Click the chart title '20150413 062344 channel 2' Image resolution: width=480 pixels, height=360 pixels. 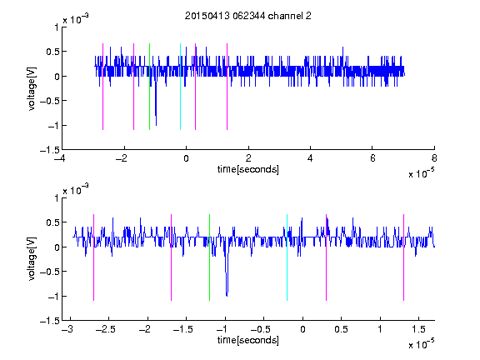tap(248, 16)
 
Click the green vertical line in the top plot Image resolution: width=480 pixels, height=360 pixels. tap(149, 87)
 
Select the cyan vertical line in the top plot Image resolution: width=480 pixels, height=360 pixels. tap(180, 87)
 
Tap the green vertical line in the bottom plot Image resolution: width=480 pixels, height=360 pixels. tap(209, 257)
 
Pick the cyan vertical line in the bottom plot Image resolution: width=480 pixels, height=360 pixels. tap(287, 257)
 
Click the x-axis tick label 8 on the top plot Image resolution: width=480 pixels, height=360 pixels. tap(434, 158)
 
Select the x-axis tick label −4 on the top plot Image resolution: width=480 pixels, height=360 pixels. tap(60, 158)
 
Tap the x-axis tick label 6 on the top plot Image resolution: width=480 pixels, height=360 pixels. tap(372, 158)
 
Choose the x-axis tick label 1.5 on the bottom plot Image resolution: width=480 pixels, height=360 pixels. tap(418, 329)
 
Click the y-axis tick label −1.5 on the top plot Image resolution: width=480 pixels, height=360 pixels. tap(49, 150)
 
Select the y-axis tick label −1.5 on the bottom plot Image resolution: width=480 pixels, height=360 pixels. tap(49, 321)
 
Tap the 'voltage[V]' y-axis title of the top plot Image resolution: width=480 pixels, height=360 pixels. tap(32, 88)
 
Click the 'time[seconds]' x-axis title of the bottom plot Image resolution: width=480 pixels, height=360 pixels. tap(248, 340)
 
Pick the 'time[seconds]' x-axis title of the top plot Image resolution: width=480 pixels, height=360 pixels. tap(248, 169)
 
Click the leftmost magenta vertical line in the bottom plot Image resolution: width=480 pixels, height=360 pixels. tap(93, 257)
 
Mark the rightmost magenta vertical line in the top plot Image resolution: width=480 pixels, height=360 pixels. tap(227, 87)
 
